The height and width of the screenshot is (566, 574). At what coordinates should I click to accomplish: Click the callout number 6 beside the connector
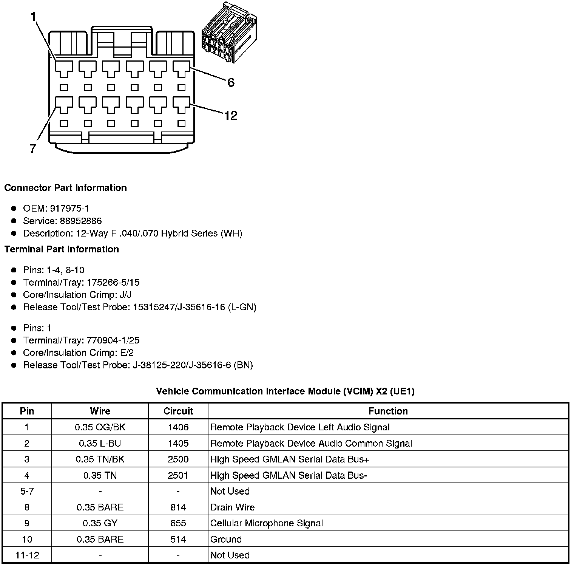[x=231, y=82]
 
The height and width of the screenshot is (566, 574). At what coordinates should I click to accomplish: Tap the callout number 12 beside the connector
[x=230, y=115]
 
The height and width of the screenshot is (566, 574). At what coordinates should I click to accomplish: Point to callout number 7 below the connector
[x=33, y=148]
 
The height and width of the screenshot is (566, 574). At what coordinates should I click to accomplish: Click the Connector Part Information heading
[x=65, y=188]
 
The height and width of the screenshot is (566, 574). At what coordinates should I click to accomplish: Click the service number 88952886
[x=80, y=221]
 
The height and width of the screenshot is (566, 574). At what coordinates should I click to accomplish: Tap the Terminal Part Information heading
[x=62, y=249]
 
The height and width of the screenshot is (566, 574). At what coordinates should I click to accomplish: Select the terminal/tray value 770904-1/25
[x=113, y=340]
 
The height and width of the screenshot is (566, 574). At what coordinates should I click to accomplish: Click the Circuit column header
[x=178, y=411]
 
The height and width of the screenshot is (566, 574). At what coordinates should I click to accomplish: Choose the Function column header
[x=388, y=411]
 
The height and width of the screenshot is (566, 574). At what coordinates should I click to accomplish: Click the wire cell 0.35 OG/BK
[x=100, y=427]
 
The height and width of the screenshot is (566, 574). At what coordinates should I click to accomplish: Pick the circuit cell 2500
[x=178, y=459]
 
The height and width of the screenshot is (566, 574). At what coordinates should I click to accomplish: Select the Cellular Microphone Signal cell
[x=266, y=523]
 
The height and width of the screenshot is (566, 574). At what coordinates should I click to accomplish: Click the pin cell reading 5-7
[x=27, y=491]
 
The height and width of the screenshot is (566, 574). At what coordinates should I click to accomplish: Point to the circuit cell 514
[x=178, y=539]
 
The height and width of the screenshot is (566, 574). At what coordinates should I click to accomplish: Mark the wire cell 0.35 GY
[x=100, y=523]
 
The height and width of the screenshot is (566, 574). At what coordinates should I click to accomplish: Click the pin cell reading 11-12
[x=27, y=555]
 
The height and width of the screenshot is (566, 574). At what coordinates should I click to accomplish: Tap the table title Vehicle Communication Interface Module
[x=285, y=391]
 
